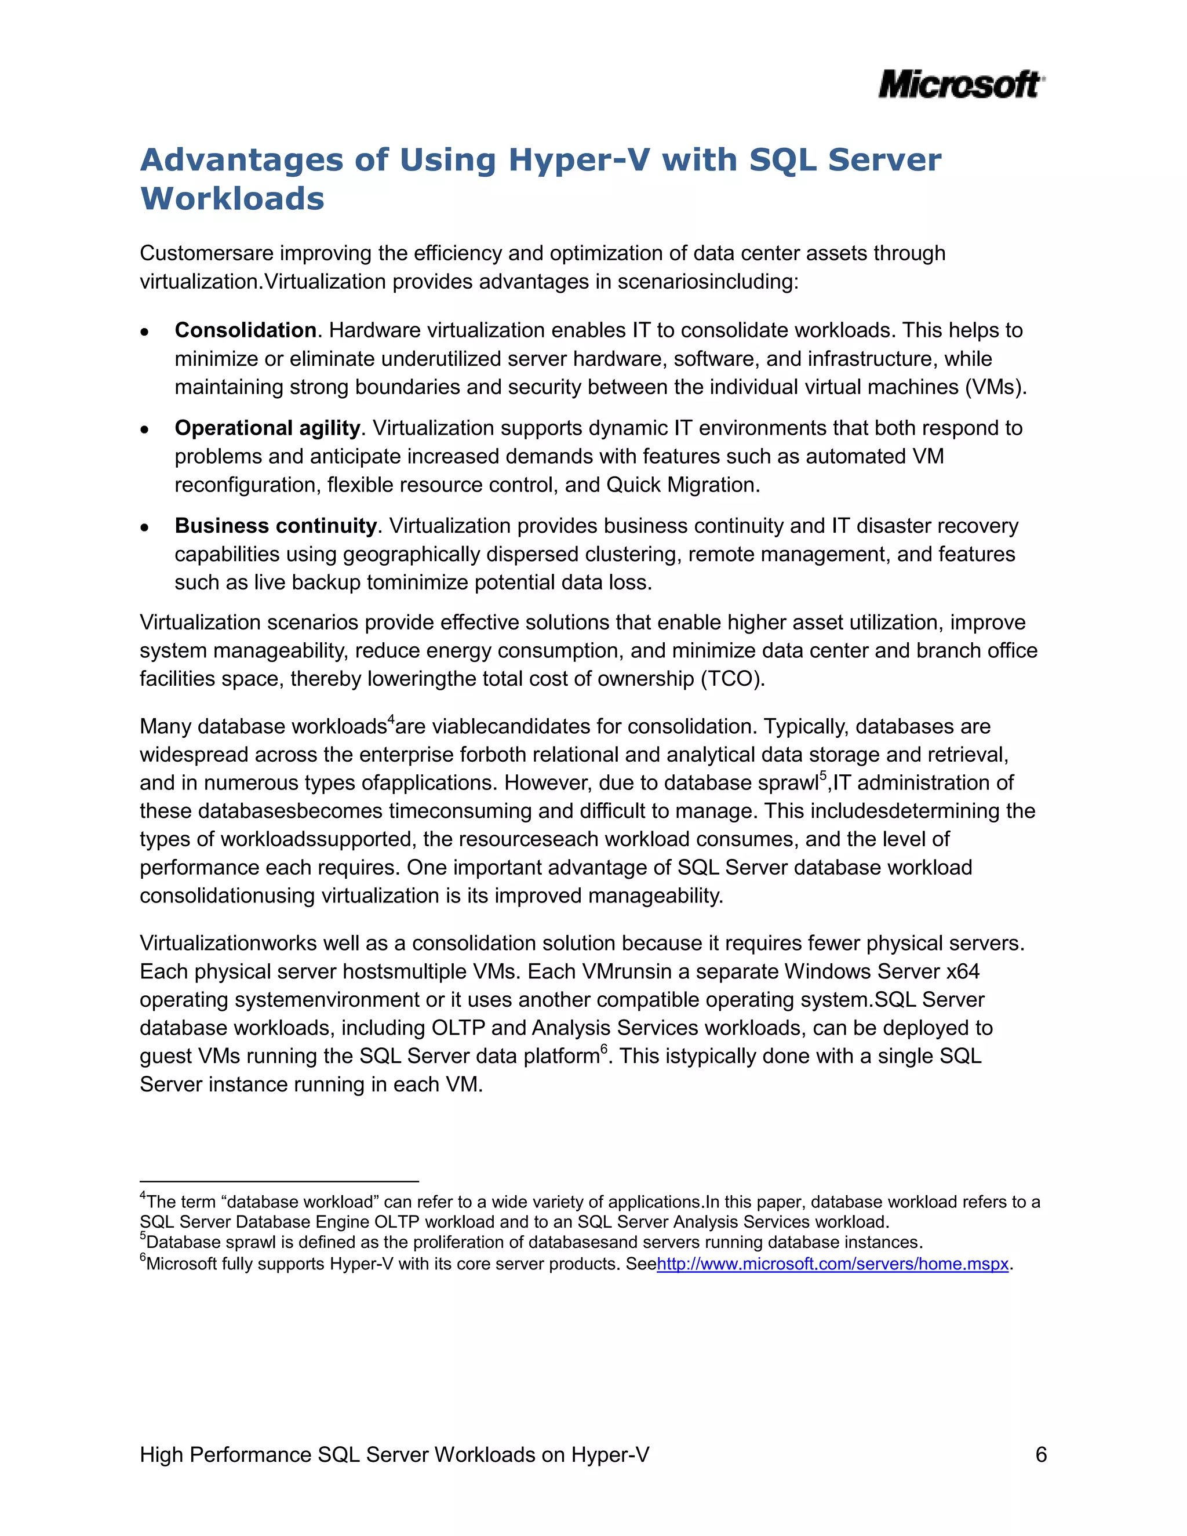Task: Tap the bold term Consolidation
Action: pyautogui.click(x=245, y=330)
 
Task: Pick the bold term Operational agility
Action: pyautogui.click(x=267, y=428)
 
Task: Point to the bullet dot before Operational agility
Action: pyautogui.click(x=145, y=430)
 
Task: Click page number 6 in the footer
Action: pyautogui.click(x=1041, y=1454)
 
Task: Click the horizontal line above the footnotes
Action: pyautogui.click(x=279, y=1181)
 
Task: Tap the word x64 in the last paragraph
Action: pyautogui.click(x=963, y=972)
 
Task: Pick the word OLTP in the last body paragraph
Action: pyautogui.click(x=458, y=1028)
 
